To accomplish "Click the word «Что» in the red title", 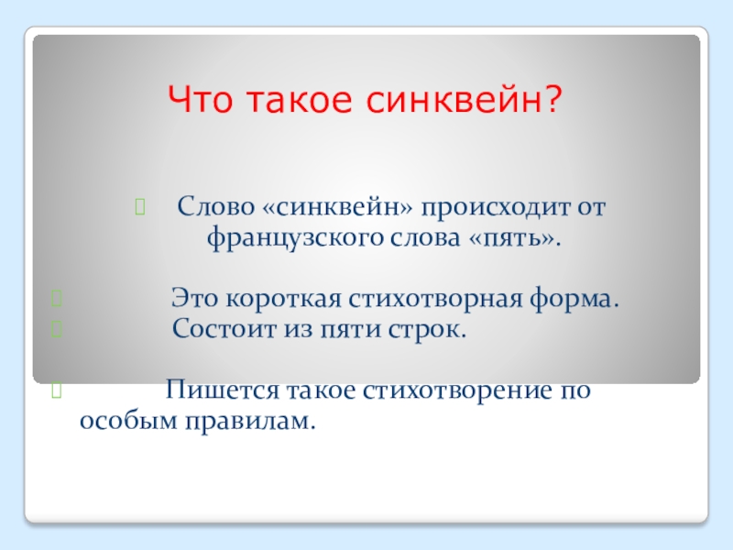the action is click(200, 100).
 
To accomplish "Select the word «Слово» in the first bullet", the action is click(216, 206).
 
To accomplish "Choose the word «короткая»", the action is click(284, 299).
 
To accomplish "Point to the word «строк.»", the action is click(427, 330).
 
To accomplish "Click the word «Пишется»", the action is click(223, 390).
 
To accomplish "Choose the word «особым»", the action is click(128, 420).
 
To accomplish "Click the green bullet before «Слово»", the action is click(140, 207).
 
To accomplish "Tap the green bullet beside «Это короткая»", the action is click(56, 298).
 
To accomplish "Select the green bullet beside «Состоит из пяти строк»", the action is click(56, 329).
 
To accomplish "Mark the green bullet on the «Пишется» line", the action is click(56, 390).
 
